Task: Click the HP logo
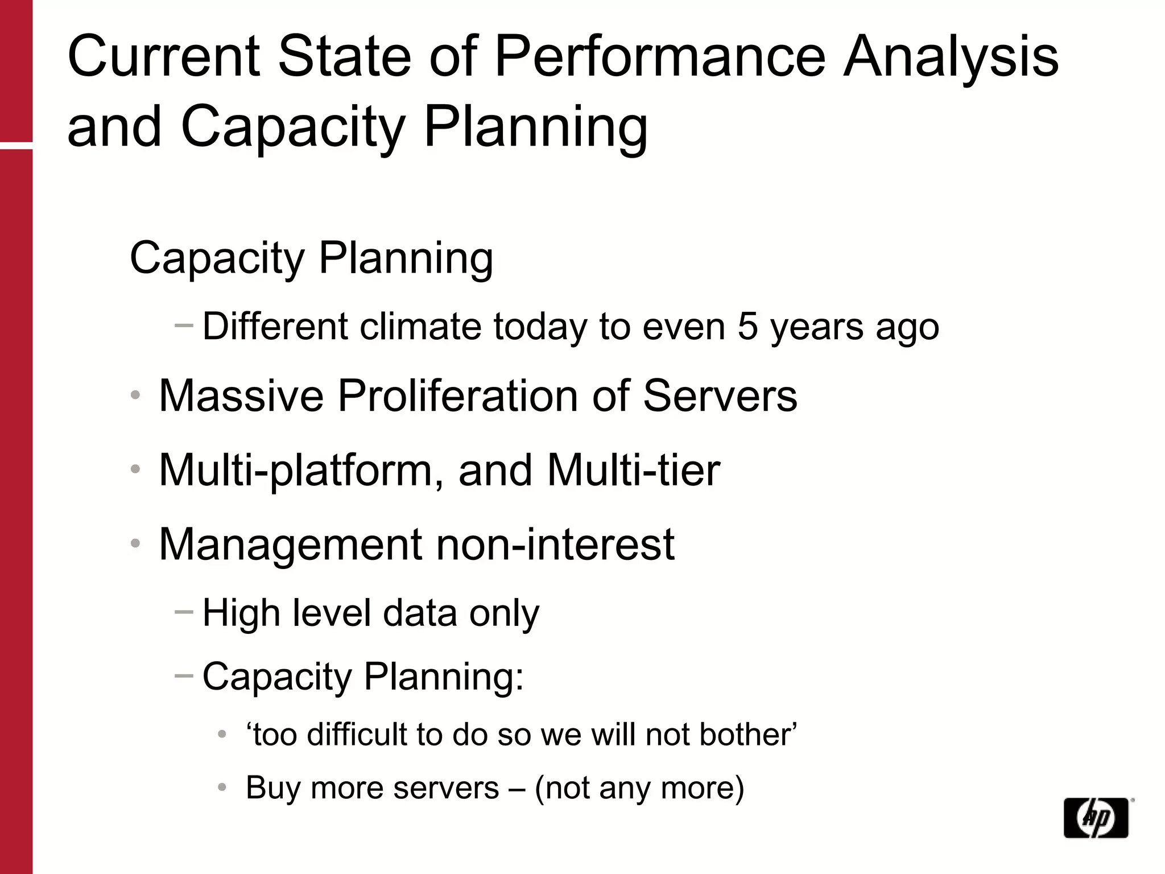[x=1096, y=818]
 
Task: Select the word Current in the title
[x=164, y=57]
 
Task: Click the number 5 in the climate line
[x=747, y=327]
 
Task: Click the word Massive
[x=241, y=395]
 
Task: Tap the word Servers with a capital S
[x=720, y=395]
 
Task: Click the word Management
[x=290, y=545]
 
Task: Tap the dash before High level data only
[x=184, y=612]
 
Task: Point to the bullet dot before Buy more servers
[x=222, y=788]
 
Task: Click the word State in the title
[x=344, y=57]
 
